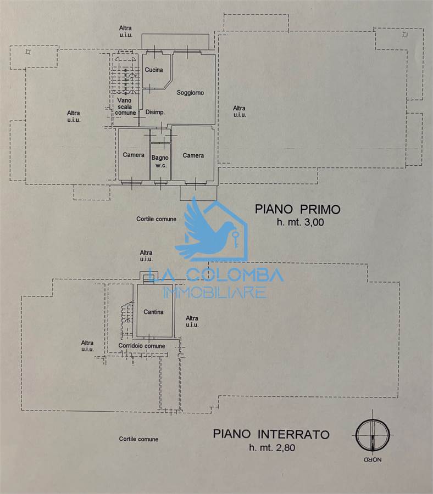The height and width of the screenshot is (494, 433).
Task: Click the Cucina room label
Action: [x=154, y=70]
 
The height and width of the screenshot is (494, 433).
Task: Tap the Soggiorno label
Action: [x=190, y=93]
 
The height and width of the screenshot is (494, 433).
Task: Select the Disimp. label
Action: [x=155, y=112]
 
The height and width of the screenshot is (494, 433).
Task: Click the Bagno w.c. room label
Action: [x=160, y=161]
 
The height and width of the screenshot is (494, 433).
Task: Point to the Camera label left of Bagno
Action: [x=134, y=155]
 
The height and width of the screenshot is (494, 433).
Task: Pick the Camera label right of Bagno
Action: [x=193, y=156]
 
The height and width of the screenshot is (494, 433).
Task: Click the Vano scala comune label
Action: [x=125, y=106]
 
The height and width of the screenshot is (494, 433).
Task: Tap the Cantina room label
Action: [x=153, y=312]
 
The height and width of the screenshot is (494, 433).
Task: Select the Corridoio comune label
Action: [x=142, y=346]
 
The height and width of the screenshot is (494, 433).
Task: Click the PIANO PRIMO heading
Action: [x=297, y=210]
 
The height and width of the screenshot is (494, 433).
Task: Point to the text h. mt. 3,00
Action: [x=300, y=222]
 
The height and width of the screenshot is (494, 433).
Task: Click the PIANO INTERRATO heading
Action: [x=271, y=435]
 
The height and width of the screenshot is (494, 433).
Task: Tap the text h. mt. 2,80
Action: [x=272, y=447]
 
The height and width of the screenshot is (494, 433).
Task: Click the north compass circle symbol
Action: [x=373, y=435]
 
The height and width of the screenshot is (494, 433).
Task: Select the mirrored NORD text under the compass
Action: [x=373, y=460]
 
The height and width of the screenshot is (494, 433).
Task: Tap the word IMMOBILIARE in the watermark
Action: [x=215, y=293]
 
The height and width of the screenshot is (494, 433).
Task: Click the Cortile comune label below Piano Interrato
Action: [x=138, y=439]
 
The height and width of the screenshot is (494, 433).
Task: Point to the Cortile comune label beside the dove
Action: [x=156, y=219]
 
